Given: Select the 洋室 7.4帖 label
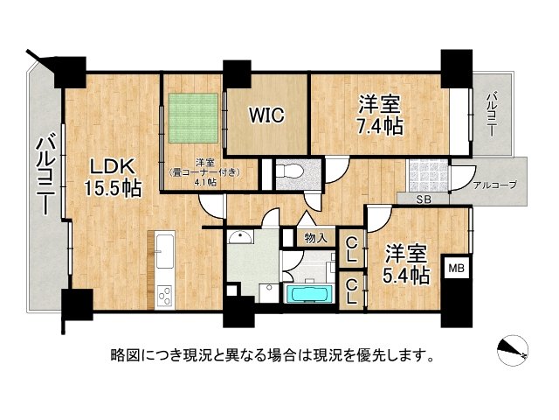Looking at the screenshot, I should (x=379, y=115).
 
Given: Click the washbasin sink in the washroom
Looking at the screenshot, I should (x=238, y=238).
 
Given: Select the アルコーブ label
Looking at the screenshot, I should (x=495, y=185).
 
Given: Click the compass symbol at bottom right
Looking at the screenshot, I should (x=514, y=350).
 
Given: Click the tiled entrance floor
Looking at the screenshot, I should (x=429, y=174).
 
